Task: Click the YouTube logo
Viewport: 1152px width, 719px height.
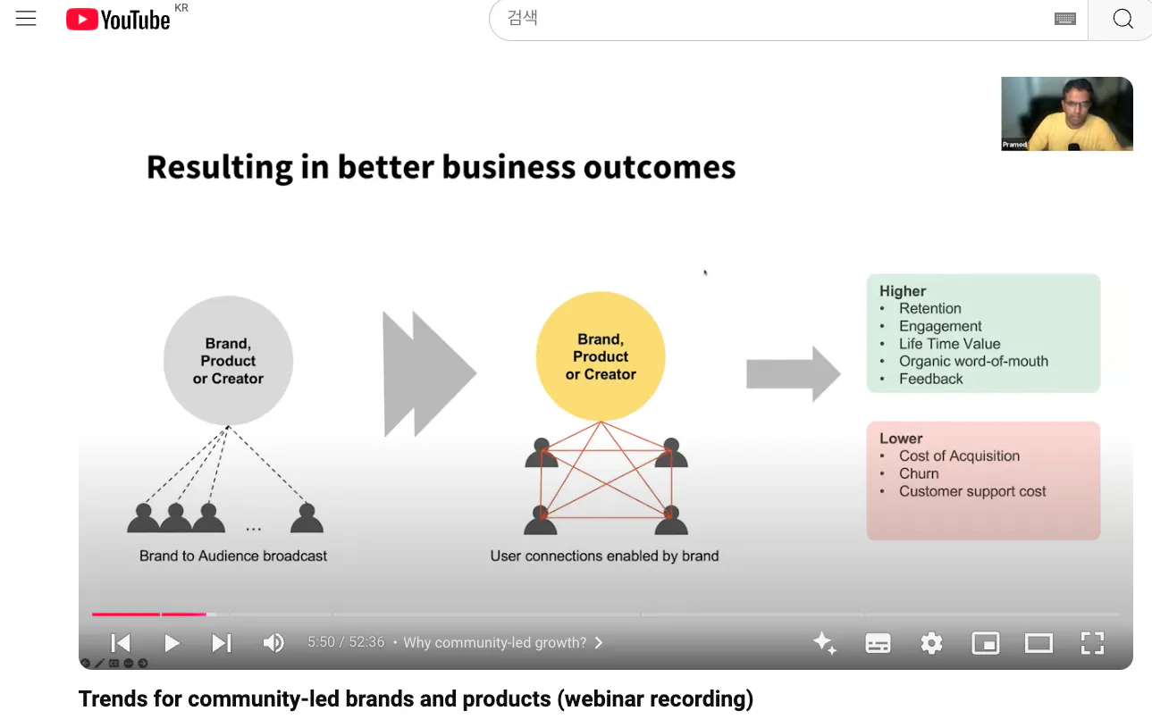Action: click(x=118, y=20)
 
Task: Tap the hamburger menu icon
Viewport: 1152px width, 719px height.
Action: click(x=26, y=19)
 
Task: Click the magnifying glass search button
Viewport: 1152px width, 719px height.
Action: click(x=1123, y=19)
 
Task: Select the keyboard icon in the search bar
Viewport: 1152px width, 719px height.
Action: click(x=1064, y=19)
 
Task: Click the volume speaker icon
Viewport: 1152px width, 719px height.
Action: click(x=273, y=642)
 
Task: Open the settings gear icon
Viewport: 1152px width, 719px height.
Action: click(x=931, y=643)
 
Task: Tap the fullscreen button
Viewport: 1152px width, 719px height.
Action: click(x=1092, y=643)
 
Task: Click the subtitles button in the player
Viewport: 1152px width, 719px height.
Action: click(x=878, y=643)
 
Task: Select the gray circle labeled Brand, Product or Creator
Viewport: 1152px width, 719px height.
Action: click(x=228, y=360)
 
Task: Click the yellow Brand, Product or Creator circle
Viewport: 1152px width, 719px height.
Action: click(x=601, y=356)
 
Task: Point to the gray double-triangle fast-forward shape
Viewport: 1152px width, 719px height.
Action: click(x=430, y=373)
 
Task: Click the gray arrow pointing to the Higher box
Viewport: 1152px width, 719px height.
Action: click(x=794, y=373)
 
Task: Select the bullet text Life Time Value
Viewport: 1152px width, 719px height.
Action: click(x=949, y=343)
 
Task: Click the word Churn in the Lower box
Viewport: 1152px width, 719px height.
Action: click(x=919, y=473)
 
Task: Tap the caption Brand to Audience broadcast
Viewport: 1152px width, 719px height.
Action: click(x=233, y=556)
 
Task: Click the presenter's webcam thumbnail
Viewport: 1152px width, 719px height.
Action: click(x=1067, y=113)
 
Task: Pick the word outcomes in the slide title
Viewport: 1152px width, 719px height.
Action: click(x=660, y=167)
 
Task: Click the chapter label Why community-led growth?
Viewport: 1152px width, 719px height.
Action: click(x=495, y=642)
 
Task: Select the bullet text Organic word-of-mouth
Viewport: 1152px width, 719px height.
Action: click(x=973, y=361)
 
